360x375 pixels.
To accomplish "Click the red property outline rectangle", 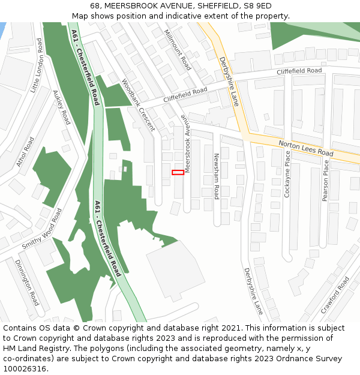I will (178, 172).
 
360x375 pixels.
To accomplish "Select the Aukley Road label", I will (62, 108).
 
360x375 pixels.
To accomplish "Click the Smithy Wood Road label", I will (42, 229).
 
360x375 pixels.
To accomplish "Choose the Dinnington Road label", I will (27, 283).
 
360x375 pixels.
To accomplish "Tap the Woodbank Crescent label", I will (138, 105).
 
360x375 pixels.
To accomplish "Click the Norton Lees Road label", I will (305, 148).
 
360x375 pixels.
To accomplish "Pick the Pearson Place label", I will (326, 180).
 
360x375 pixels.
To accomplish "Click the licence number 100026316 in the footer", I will (26, 368).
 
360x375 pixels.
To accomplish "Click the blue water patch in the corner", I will (2, 30).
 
